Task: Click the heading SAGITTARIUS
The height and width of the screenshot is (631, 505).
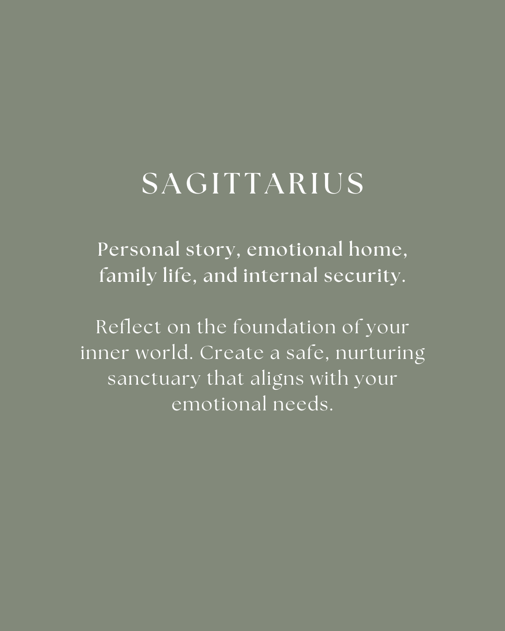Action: click(x=252, y=183)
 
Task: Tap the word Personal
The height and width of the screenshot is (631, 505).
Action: click(x=139, y=249)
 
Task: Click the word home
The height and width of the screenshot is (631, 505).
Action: click(x=378, y=250)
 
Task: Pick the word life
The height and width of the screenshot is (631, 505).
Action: click(x=180, y=276)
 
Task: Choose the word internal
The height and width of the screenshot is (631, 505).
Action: click(x=281, y=276)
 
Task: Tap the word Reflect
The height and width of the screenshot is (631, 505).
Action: click(x=129, y=327)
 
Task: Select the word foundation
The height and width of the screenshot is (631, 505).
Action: click(x=284, y=327)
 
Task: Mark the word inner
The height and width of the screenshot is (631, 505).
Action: click(x=105, y=353)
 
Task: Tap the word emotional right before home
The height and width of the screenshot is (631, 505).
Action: click(x=295, y=250)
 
